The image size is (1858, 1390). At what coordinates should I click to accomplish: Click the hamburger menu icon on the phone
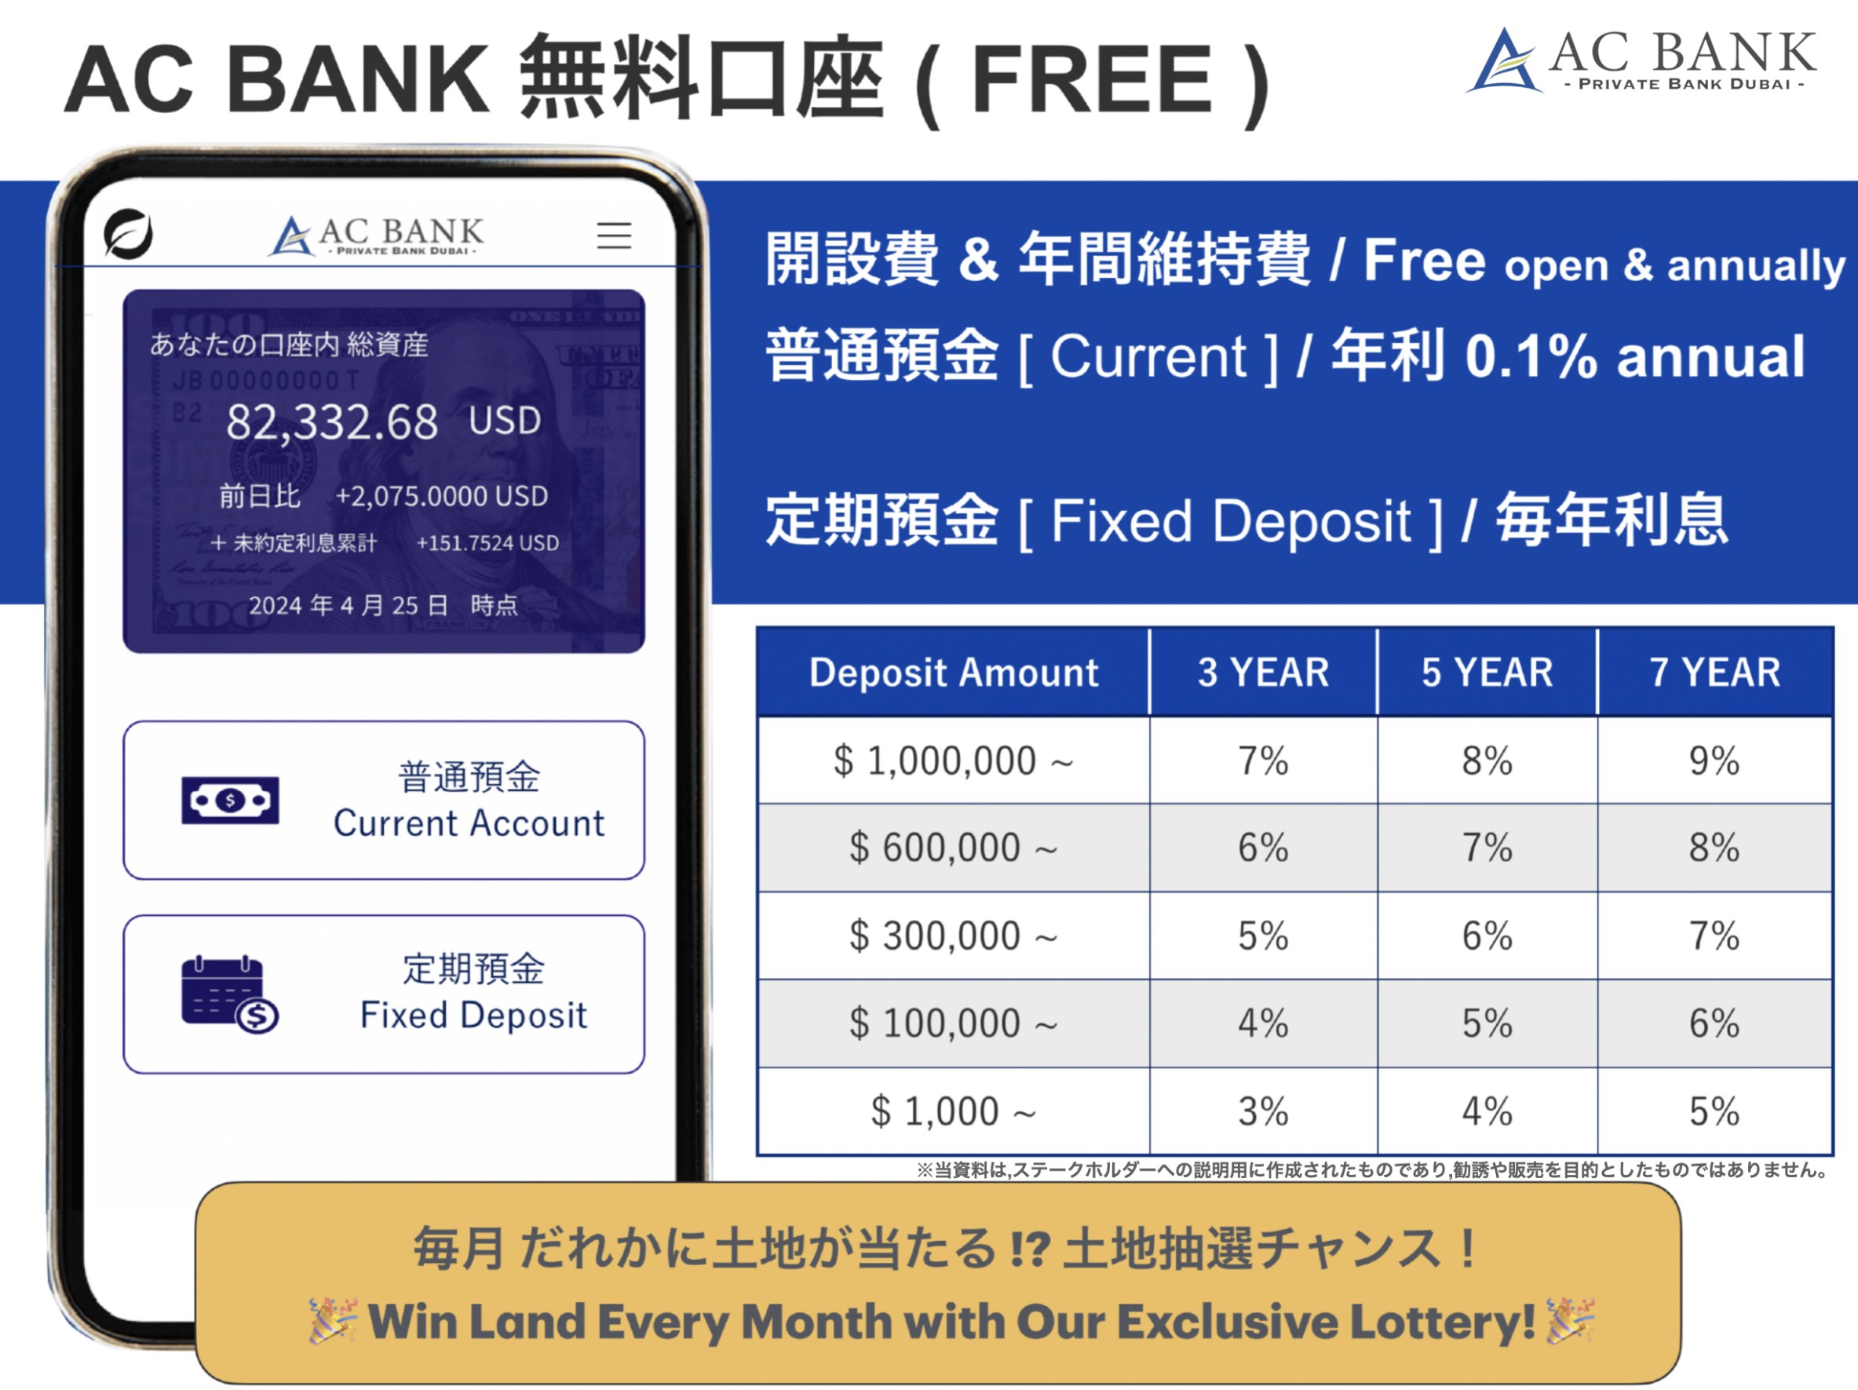coord(614,235)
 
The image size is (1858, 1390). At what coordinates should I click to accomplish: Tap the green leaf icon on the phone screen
coord(129,233)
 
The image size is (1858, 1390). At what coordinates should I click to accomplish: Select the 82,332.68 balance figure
coord(332,421)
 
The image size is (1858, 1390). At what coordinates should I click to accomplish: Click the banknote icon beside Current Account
coord(230,801)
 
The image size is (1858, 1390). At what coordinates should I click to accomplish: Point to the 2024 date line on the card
coord(383,604)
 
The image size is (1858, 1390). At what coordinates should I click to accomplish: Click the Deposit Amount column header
coord(954,673)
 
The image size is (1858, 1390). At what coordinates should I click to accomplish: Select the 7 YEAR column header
coord(1714,673)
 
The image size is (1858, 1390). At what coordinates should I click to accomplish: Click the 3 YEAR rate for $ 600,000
coord(1262,848)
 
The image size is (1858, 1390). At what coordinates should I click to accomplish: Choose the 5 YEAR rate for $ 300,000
coord(1487,936)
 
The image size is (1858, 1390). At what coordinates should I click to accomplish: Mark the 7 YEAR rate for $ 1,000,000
coord(1714,761)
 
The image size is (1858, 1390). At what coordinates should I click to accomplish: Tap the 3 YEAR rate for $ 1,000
coord(1262,1111)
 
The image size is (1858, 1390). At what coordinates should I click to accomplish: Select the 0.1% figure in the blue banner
coord(1531,356)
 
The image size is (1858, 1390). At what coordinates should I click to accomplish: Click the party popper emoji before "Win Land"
coord(334,1320)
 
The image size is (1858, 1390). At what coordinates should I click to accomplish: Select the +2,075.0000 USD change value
coord(442,496)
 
